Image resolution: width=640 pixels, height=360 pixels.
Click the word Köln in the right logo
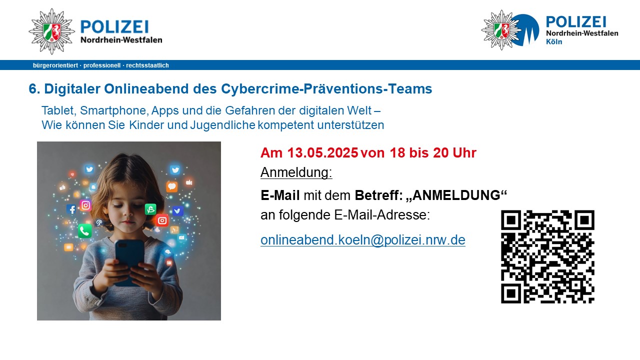[554, 41]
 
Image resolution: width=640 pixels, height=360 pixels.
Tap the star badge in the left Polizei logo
[51, 31]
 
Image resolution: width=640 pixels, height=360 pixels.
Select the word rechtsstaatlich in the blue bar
[147, 65]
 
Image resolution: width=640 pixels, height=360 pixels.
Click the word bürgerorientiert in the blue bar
[55, 65]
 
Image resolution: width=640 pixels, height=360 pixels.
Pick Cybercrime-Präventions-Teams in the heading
[326, 88]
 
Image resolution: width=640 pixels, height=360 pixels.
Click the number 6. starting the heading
[34, 88]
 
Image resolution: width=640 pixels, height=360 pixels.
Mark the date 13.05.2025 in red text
[322, 152]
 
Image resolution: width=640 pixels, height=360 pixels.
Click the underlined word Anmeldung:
[296, 172]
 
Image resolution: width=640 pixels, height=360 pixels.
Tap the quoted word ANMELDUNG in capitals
[456, 195]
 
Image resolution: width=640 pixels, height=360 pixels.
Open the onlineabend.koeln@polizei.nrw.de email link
[363, 239]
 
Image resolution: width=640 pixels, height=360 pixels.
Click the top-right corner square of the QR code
[584, 220]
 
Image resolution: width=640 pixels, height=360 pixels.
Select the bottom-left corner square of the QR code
[511, 293]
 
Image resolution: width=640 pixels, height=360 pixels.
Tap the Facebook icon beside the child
[71, 209]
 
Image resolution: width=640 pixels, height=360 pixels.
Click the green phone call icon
[85, 231]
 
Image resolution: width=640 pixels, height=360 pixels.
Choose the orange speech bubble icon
[172, 186]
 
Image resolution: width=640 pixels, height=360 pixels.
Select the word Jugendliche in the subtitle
[222, 125]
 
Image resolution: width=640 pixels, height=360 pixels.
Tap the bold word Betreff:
[379, 195]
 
